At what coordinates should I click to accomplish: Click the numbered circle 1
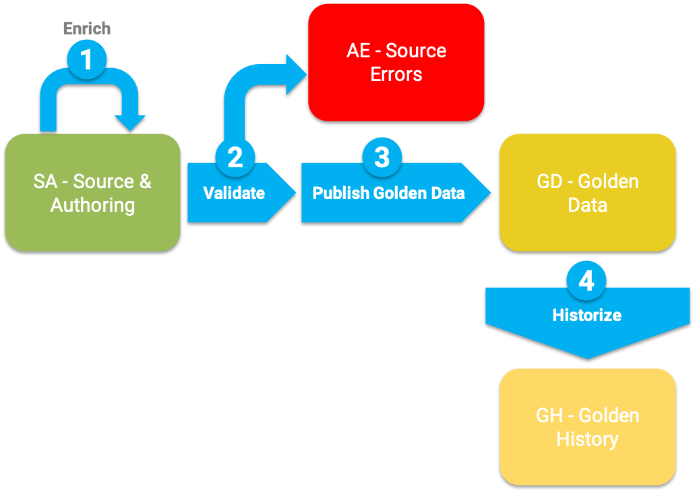[x=87, y=60]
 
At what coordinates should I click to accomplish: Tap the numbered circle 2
[x=235, y=156]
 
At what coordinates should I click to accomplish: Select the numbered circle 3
[x=382, y=156]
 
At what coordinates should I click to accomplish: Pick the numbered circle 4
[x=586, y=281]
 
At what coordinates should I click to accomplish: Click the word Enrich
[x=87, y=28]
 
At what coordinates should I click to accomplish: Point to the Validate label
[x=234, y=193]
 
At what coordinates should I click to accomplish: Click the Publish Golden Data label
[x=388, y=193]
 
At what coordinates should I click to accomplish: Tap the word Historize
[x=586, y=315]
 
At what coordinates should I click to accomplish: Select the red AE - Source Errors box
[x=396, y=62]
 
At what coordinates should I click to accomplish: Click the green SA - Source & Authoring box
[x=92, y=192]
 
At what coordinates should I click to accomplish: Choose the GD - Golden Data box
[x=587, y=192]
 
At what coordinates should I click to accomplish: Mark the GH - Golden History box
[x=587, y=426]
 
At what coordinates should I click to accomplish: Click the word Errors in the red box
[x=396, y=74]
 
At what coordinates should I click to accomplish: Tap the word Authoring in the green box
[x=93, y=205]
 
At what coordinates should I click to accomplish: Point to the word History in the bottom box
[x=587, y=439]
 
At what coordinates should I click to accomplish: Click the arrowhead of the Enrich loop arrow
[x=129, y=123]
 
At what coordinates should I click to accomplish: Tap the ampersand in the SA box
[x=145, y=181]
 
